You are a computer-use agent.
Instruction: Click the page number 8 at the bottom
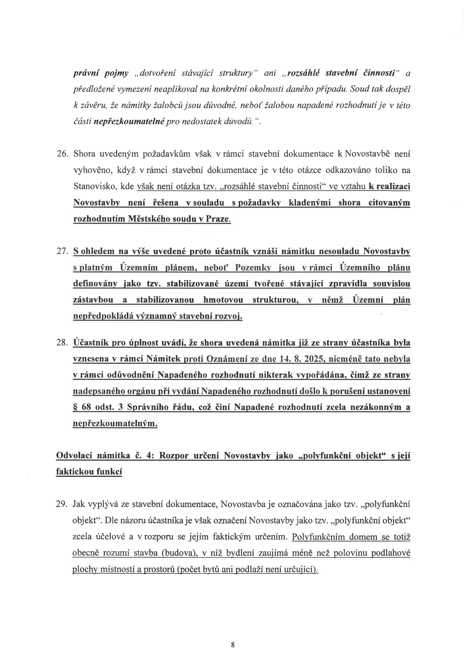pyautogui.click(x=233, y=644)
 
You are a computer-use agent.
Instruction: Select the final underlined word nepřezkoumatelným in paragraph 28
pyautogui.click(x=115, y=423)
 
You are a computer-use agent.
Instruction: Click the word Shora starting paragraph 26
pyautogui.click(x=84, y=154)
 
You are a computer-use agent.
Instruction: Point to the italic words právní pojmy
pyautogui.click(x=101, y=73)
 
